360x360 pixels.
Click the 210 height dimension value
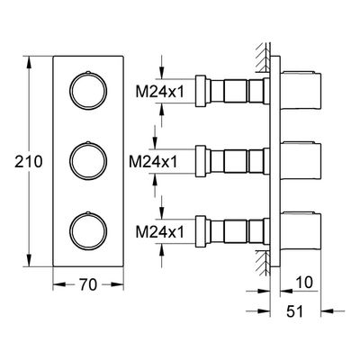click(29, 162)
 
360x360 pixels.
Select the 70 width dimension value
click(88, 284)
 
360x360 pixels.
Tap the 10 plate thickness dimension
click(304, 282)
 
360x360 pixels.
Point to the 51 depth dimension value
click(295, 311)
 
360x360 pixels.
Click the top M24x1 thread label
click(159, 92)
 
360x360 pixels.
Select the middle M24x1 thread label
click(153, 162)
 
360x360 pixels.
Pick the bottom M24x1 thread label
click(159, 232)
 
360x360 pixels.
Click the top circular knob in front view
click(88, 91)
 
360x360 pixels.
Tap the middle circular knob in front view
click(88, 161)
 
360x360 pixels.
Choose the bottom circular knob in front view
click(88, 231)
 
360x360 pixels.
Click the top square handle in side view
click(301, 90)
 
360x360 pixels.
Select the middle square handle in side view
click(301, 161)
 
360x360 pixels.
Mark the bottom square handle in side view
click(301, 231)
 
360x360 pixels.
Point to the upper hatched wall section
click(263, 58)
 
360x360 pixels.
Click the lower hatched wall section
click(263, 263)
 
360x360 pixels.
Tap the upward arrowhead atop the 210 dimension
click(29, 64)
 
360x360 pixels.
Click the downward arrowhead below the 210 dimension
click(29, 259)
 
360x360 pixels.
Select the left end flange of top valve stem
click(201, 91)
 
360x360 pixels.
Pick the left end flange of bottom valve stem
click(201, 231)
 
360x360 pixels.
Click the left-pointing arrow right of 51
click(333, 311)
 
